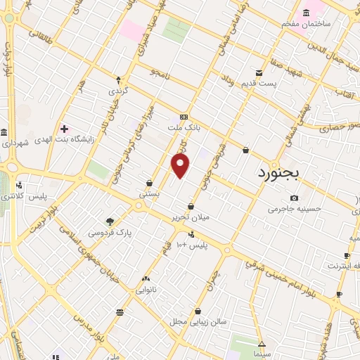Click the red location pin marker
[x=181, y=166]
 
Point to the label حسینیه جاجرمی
[x=294, y=209]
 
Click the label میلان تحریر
[x=191, y=218]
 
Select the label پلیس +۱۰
[x=191, y=244]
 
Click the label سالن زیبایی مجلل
[x=198, y=321]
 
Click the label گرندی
[x=117, y=91]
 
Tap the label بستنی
[x=149, y=193]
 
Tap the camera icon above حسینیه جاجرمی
[x=294, y=198]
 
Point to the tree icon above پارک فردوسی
[x=109, y=221]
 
